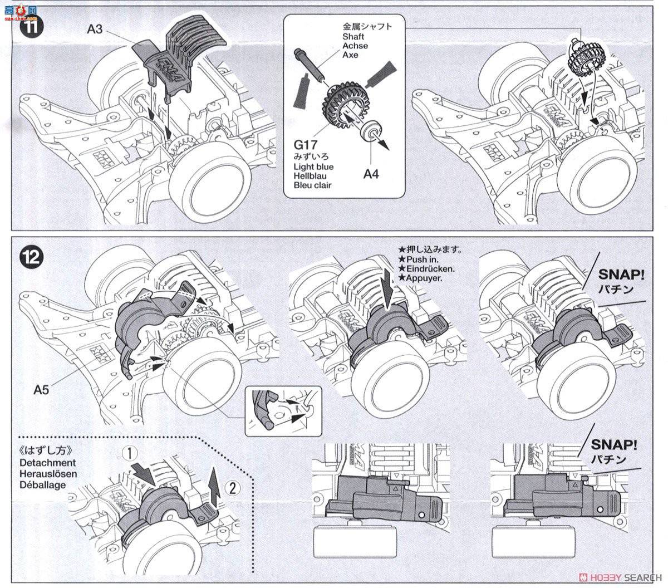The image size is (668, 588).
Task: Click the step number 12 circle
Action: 31,257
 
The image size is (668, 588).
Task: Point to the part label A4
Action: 371,174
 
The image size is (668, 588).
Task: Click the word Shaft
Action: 353,36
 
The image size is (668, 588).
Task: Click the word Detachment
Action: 47,463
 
